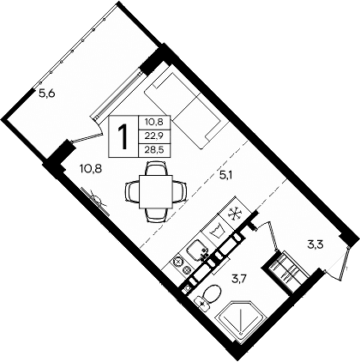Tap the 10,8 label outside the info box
click(90, 168)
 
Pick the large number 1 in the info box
click(125, 135)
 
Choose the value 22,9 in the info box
click(155, 135)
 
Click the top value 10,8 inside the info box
click(155, 123)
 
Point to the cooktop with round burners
click(181, 263)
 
